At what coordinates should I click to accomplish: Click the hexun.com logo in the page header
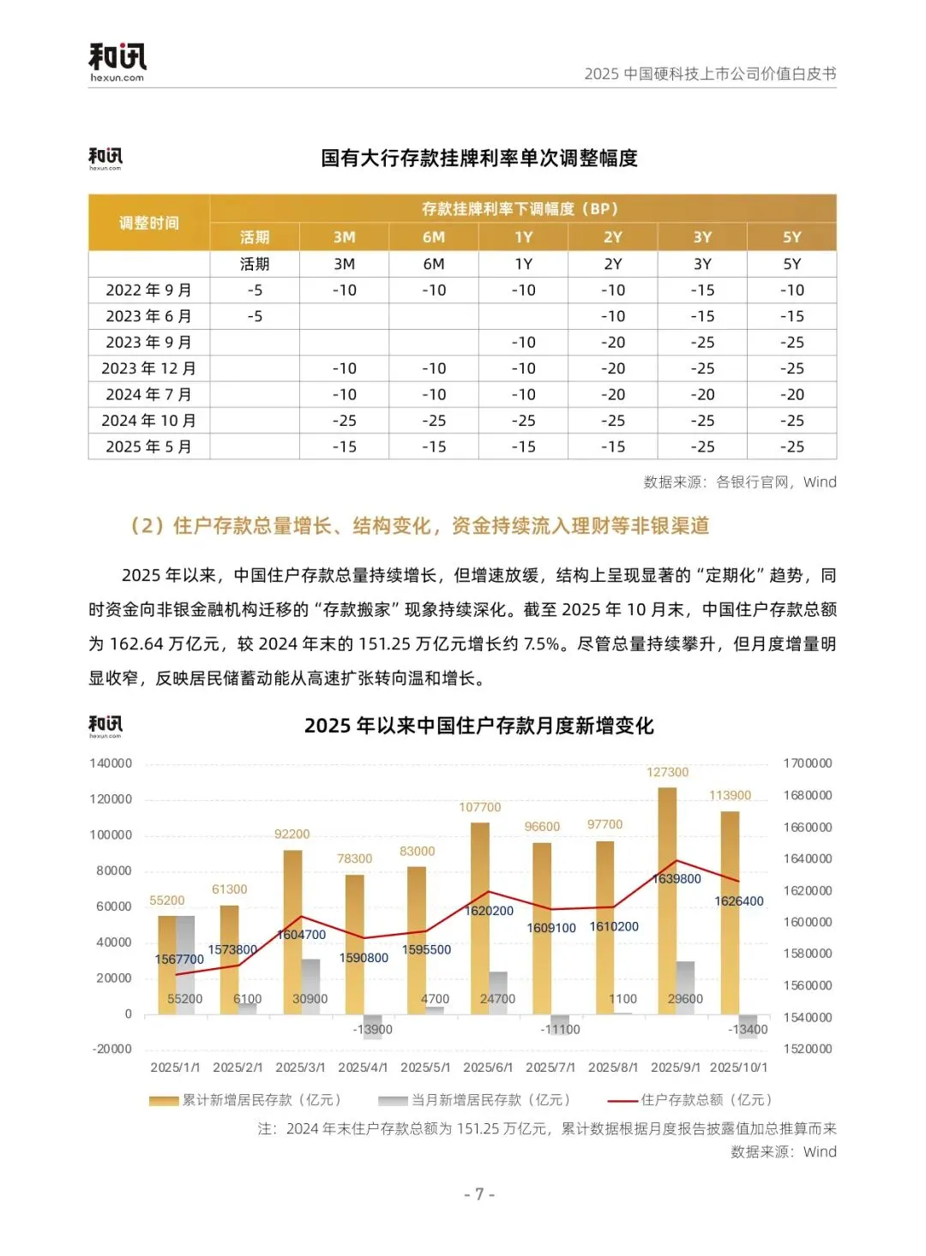point(117,62)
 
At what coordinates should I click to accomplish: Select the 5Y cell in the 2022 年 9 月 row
point(791,290)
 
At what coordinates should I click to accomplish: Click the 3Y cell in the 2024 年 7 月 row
point(702,395)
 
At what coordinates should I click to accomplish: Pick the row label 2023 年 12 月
point(148,368)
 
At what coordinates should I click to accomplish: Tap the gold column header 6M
point(434,237)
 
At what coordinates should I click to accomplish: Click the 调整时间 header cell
point(148,223)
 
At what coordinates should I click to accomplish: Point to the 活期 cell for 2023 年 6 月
point(255,316)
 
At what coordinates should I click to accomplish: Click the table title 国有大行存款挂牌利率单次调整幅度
point(479,158)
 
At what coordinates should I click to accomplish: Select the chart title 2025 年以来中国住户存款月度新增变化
point(478,727)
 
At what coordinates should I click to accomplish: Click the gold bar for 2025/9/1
point(667,900)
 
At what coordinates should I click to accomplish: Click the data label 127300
point(667,772)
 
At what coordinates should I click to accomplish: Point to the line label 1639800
point(676,879)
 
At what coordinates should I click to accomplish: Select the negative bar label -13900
point(373,1029)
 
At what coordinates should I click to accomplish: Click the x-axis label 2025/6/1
point(488,1068)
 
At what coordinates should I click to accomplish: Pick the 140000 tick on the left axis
point(111,763)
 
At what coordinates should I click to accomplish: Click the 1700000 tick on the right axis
point(808,763)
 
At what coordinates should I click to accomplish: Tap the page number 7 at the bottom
point(479,1194)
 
